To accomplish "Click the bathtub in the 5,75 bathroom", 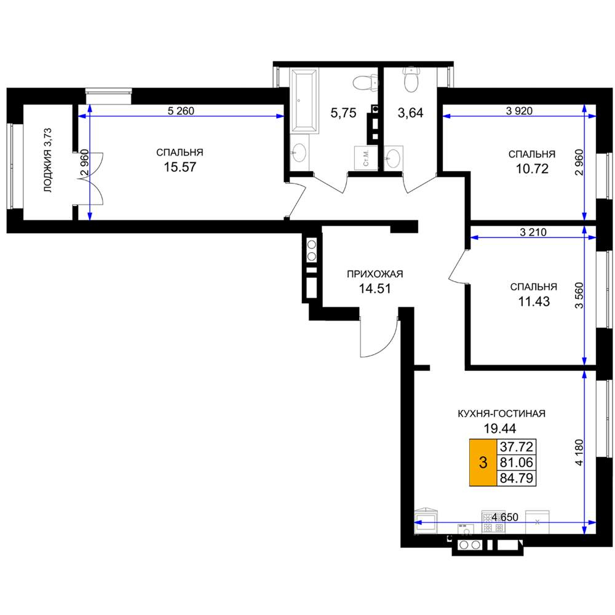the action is tap(304, 100).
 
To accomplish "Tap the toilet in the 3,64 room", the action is tap(411, 79).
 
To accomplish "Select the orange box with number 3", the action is tap(483, 462).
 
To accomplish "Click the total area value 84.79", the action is tap(516, 478).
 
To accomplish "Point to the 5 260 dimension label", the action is tap(181, 111).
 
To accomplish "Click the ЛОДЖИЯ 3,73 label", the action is tap(48, 160).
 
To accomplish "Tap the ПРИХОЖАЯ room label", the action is tap(375, 274).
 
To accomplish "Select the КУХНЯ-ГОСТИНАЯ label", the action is tap(502, 413).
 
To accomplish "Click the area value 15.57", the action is tap(180, 167).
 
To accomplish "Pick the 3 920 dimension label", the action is tap(519, 111).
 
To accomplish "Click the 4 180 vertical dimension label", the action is tap(579, 452).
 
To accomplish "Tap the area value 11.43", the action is tap(534, 301).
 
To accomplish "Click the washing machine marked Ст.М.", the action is tap(365, 158).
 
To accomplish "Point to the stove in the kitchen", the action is tap(493, 522).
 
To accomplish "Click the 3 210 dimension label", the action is tap(533, 232).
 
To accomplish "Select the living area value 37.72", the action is tap(516, 446).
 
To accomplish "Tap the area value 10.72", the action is tap(532, 169).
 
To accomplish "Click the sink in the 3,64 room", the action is tap(393, 158).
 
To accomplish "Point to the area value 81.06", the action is tap(516, 462).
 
